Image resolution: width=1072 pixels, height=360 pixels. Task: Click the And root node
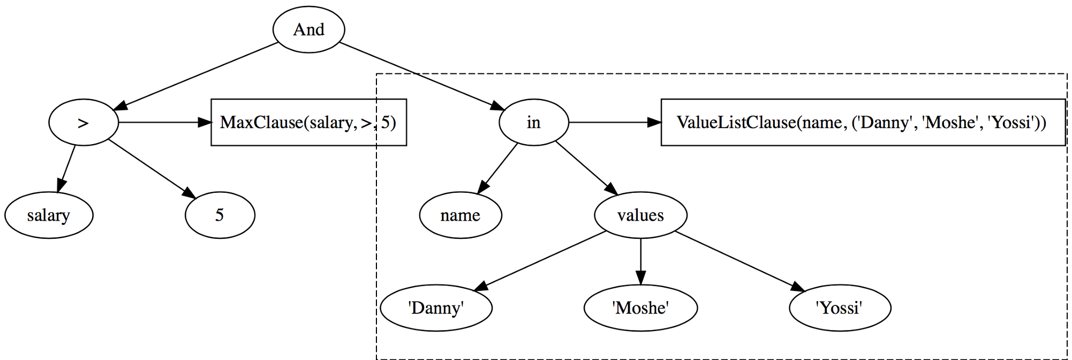309,29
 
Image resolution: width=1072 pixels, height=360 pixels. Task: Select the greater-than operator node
83,122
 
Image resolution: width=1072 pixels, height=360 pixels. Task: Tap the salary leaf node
49,215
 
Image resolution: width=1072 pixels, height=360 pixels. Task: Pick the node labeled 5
220,215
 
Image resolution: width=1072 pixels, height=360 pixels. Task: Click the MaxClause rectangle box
308,122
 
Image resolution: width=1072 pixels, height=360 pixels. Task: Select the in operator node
533,122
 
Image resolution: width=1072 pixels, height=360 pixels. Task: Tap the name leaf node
460,215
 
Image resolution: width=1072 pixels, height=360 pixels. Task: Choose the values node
640,215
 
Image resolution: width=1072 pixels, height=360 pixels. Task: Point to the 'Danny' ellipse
436,308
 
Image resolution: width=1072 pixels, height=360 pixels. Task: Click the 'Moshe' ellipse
640,308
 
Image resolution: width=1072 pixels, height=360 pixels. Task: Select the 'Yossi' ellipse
840,308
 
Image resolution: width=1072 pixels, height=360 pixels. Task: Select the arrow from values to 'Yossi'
739,261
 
